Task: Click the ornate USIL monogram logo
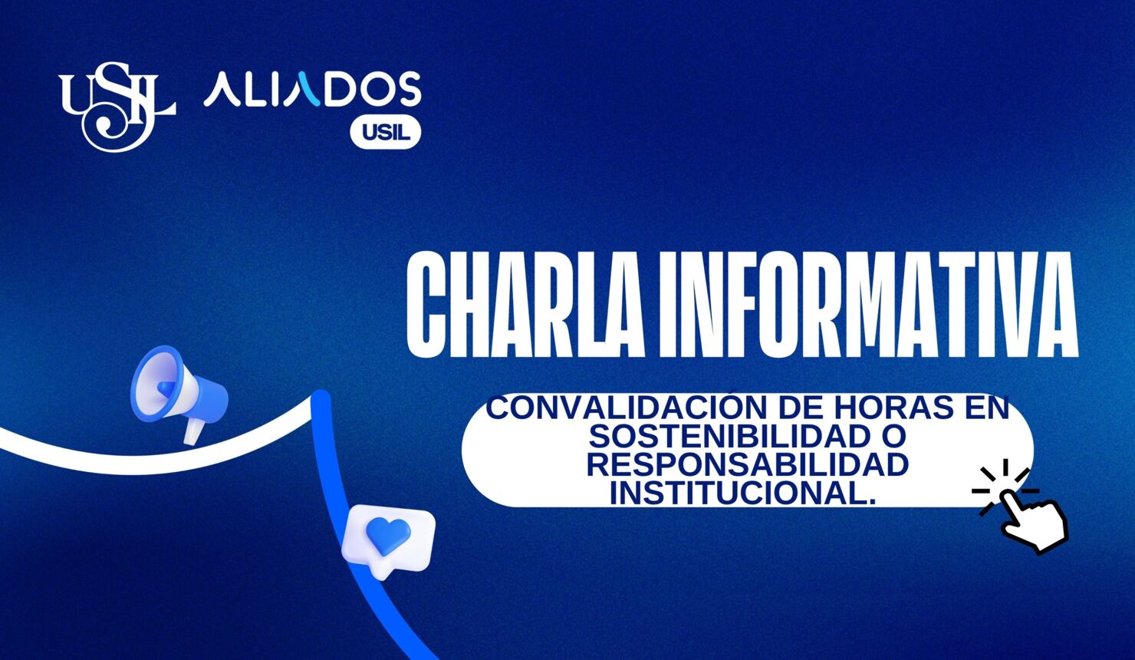[x=117, y=106]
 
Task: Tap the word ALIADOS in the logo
[x=312, y=90]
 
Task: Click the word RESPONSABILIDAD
[x=748, y=464]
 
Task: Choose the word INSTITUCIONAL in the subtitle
[x=742, y=493]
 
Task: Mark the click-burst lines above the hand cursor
[x=1003, y=479]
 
